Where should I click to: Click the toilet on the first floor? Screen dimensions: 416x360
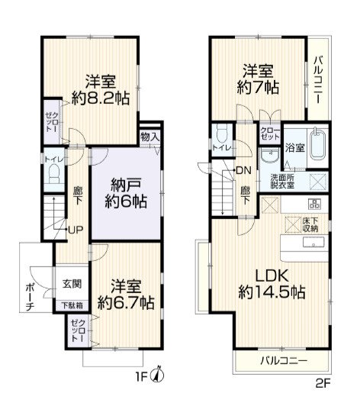pos(52,176)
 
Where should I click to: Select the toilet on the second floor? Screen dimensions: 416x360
pos(221,134)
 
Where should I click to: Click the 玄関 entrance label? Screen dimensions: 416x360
pos(71,282)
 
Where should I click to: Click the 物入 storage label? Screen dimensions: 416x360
pos(149,137)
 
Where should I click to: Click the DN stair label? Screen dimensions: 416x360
pos(243,169)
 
